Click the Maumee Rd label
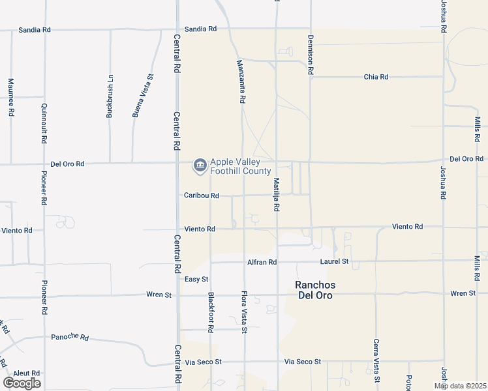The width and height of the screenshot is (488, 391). point(11,98)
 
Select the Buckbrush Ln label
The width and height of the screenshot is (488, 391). point(110,96)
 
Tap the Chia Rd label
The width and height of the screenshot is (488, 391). point(376,77)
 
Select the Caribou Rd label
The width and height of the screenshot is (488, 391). point(201,195)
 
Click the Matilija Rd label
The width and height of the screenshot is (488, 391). point(277,194)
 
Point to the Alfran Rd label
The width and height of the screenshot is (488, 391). point(262,262)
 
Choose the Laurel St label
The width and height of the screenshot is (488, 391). point(335,262)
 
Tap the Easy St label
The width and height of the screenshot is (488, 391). point(196,279)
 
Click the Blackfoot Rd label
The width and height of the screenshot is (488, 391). point(211,312)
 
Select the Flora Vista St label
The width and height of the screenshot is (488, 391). point(245,311)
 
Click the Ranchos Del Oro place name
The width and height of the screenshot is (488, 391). point(315,290)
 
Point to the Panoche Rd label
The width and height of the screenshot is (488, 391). point(70,337)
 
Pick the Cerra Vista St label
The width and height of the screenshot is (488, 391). point(376,360)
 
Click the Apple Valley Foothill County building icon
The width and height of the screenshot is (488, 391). point(199,166)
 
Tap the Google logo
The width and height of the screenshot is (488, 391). point(22,383)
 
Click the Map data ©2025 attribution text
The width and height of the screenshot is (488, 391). point(459,386)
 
